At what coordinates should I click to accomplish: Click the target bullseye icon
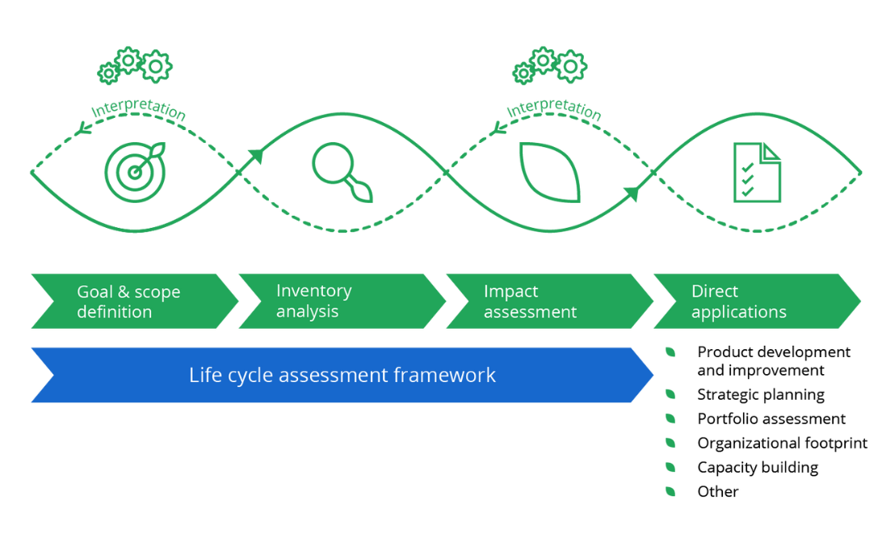134,171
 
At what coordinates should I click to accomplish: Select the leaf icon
549,172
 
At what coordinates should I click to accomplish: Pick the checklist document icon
757,171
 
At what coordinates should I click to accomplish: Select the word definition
114,312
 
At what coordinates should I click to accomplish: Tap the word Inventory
313,291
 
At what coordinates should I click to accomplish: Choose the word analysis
307,311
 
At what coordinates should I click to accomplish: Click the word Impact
510,292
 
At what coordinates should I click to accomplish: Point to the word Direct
715,292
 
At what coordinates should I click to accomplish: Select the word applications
738,312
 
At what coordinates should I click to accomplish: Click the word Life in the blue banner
204,375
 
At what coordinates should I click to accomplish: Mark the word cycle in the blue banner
246,376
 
